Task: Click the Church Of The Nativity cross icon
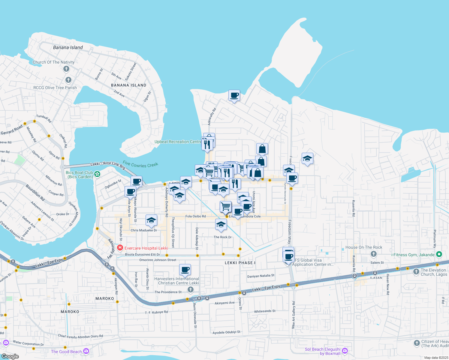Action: pyautogui.click(x=66, y=69)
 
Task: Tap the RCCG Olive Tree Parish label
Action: pyautogui.click(x=55, y=88)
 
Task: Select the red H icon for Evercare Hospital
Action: pyautogui.click(x=120, y=248)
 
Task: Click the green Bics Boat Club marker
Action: pyautogui.click(x=97, y=174)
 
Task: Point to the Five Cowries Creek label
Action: pyautogui.click(x=140, y=164)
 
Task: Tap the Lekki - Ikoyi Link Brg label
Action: pyautogui.click(x=108, y=165)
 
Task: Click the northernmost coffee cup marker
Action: pyautogui.click(x=234, y=95)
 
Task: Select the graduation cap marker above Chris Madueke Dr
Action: pyautogui.click(x=151, y=220)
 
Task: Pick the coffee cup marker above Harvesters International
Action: pyautogui.click(x=185, y=270)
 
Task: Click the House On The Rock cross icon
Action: pyautogui.click(x=373, y=254)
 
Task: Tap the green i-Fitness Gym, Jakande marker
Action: pyautogui.click(x=439, y=254)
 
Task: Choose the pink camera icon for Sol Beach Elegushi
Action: pyautogui.click(x=345, y=350)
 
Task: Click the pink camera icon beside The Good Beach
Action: pyautogui.click(x=86, y=351)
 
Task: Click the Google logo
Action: pyautogui.click(x=10, y=356)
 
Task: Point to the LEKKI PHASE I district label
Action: pyautogui.click(x=240, y=263)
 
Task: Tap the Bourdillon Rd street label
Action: pyautogui.click(x=35, y=193)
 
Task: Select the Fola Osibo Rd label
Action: pyautogui.click(x=195, y=216)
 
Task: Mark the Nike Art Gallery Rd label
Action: pyautogui.click(x=294, y=315)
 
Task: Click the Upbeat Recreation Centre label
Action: pyautogui.click(x=178, y=142)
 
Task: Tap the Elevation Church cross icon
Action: pyautogui.click(x=416, y=272)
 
